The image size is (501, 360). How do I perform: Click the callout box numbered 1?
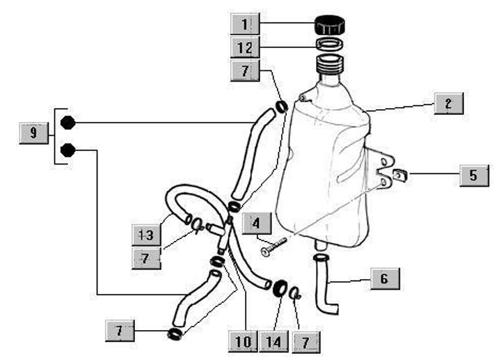pyautogui.click(x=244, y=26)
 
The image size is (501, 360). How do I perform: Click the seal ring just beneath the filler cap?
pyautogui.click(x=333, y=45)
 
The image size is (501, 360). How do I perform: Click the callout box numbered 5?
pyautogui.click(x=473, y=175)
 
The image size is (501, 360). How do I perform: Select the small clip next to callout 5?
pyautogui.click(x=400, y=174)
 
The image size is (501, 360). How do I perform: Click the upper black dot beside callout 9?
pyautogui.click(x=67, y=123)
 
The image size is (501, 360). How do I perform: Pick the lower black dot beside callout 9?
pyautogui.click(x=67, y=150)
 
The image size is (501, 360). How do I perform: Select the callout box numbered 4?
pyautogui.click(x=257, y=224)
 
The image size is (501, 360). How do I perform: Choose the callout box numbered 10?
pyautogui.click(x=243, y=341)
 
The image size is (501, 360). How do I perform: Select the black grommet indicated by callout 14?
pyautogui.click(x=281, y=287)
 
